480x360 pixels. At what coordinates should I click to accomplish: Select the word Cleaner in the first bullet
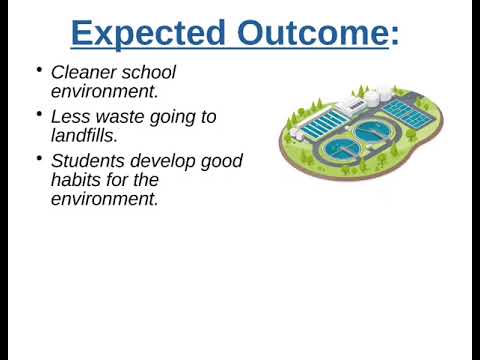tap(83, 72)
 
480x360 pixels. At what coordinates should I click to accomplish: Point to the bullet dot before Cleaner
tap(38, 71)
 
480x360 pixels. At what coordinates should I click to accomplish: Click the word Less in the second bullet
tap(71, 117)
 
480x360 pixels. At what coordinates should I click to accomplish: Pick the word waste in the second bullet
tap(120, 117)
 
